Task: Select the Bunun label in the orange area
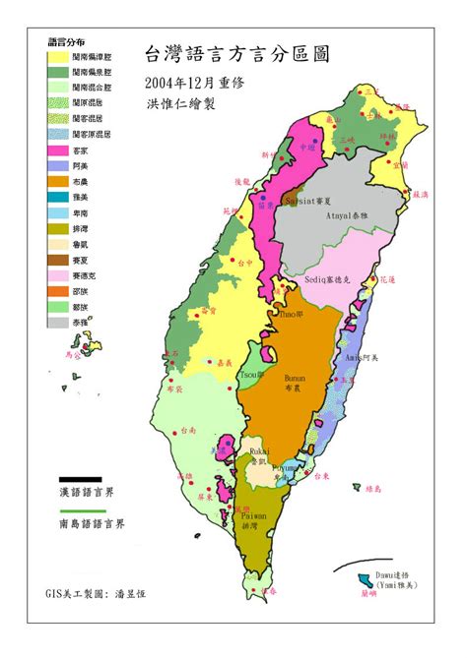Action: [295, 378]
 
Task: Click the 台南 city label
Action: [188, 431]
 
